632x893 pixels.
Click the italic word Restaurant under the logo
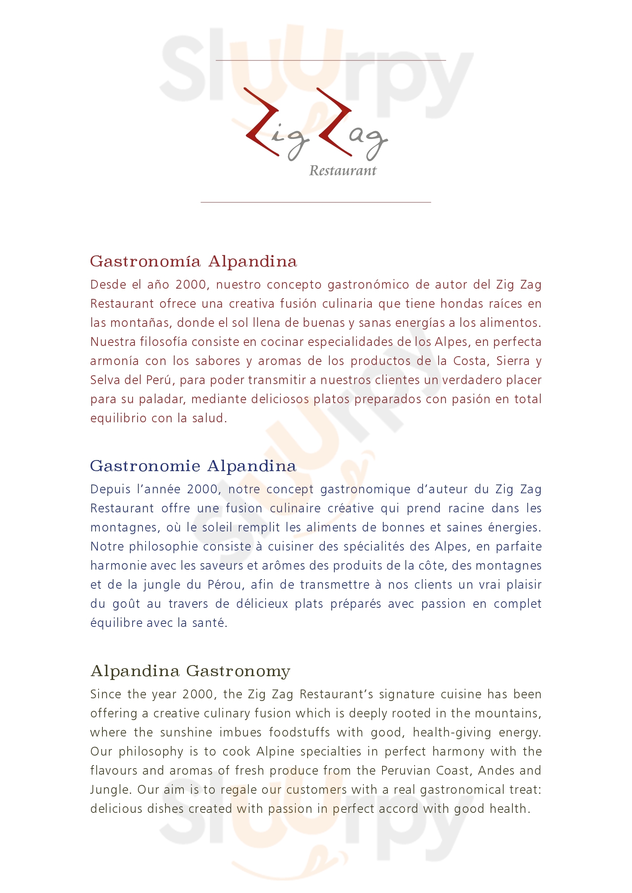coord(342,171)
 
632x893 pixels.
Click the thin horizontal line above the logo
coord(331,60)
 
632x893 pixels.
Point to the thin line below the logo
coord(316,202)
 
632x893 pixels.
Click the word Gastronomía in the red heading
coord(145,262)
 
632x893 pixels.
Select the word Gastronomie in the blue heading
coord(145,466)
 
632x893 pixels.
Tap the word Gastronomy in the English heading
coord(238,671)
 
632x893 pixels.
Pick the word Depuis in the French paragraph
coord(110,489)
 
